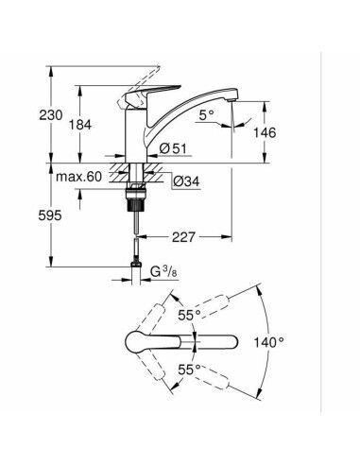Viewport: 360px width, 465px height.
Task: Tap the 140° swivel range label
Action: click(267, 341)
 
